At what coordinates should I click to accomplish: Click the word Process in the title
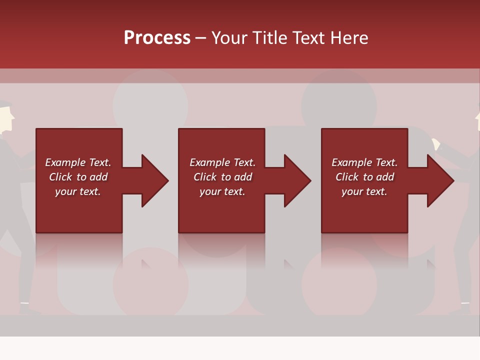pyautogui.click(x=157, y=38)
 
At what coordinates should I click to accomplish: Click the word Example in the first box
pyautogui.click(x=65, y=162)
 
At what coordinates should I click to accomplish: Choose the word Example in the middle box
pyautogui.click(x=209, y=162)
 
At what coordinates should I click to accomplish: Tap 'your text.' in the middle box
pyautogui.click(x=222, y=191)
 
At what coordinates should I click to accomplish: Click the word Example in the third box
pyautogui.click(x=351, y=162)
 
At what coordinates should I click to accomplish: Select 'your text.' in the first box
pyautogui.click(x=77, y=191)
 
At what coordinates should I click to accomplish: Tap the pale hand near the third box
pyautogui.click(x=435, y=144)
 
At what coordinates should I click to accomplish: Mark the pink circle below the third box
pyautogui.click(x=339, y=282)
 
